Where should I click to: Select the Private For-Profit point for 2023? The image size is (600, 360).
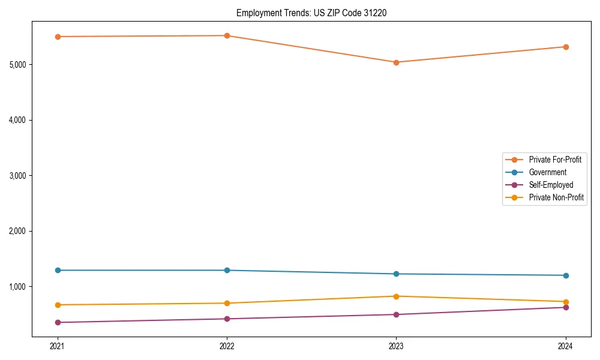click(396, 62)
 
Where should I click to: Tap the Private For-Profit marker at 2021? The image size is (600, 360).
click(58, 37)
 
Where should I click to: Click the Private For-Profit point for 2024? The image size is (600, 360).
click(566, 47)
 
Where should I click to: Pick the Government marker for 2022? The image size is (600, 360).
click(227, 270)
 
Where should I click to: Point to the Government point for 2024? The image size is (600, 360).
click(566, 275)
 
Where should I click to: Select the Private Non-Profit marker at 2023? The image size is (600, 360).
click(396, 296)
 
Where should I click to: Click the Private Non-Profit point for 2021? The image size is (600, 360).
click(58, 305)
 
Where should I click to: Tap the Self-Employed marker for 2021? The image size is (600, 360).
click(58, 322)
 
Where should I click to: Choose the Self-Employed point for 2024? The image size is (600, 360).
click(566, 307)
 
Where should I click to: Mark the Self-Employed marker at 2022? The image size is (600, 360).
click(227, 319)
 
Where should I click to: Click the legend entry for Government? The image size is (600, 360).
click(547, 172)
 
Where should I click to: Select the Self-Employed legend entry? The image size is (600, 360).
click(551, 185)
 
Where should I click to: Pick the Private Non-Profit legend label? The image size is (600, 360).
click(556, 197)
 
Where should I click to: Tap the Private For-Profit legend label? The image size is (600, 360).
click(555, 160)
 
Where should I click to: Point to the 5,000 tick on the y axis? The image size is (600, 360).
click(19, 65)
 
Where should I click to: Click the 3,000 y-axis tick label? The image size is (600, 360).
click(19, 176)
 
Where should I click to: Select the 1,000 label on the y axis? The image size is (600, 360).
click(19, 287)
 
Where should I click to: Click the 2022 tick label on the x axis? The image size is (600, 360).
click(227, 346)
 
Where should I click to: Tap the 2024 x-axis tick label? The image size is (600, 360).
click(566, 346)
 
